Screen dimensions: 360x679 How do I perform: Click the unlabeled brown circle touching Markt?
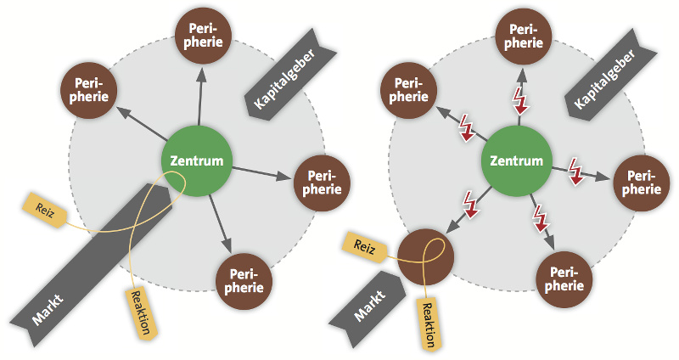pos(424,253)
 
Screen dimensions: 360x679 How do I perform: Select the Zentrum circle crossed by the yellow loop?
pos(196,161)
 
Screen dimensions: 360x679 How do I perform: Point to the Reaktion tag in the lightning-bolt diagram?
pos(427,321)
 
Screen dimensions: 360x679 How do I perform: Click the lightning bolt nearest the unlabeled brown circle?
pos(469,204)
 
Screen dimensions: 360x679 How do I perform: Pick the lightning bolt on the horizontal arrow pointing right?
pos(574,170)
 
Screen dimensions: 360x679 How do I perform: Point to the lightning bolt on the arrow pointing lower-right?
pos(539,218)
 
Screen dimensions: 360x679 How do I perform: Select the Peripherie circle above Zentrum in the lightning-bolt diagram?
pos(525,33)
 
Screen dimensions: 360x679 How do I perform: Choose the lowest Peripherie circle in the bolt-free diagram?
pos(246,280)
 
